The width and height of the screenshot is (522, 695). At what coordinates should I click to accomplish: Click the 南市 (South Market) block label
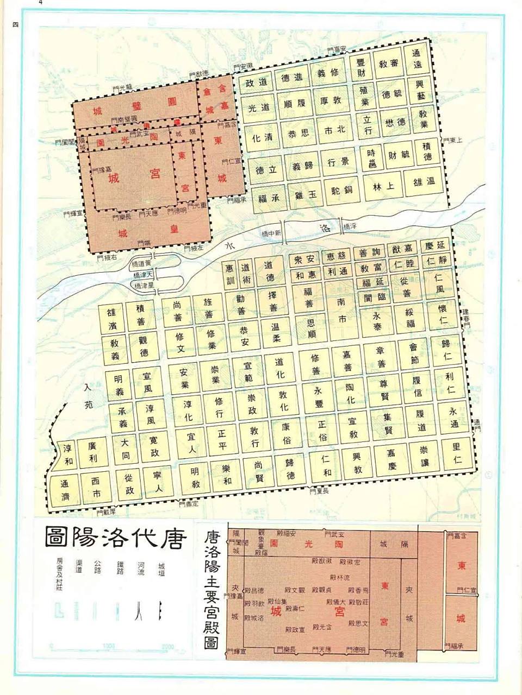click(341, 310)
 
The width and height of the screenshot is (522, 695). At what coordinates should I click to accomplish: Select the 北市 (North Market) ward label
click(334, 130)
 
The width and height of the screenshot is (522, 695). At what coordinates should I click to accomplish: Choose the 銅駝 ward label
click(343, 191)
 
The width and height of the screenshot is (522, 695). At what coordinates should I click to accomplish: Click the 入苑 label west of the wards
click(89, 396)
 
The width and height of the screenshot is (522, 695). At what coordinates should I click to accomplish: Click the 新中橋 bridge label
click(270, 233)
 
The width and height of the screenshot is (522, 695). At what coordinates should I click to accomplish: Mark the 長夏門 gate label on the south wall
click(319, 491)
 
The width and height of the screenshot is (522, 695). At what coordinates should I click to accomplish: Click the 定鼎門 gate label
click(189, 504)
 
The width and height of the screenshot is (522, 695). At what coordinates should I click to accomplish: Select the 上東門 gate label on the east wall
click(452, 141)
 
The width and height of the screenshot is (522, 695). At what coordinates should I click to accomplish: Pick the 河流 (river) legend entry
click(141, 568)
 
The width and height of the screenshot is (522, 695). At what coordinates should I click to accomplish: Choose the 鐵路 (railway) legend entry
click(120, 568)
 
